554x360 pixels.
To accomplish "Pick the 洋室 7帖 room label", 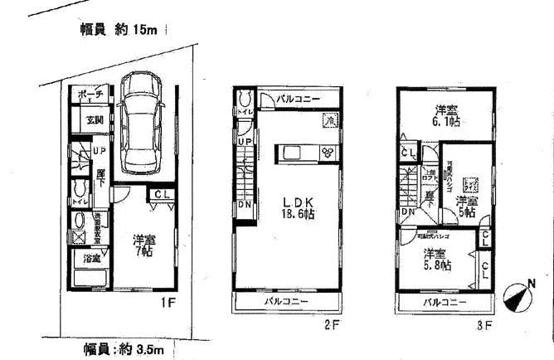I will [143, 246].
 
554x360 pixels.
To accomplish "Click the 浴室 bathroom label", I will [91, 260].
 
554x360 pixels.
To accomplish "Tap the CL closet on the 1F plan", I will [159, 195].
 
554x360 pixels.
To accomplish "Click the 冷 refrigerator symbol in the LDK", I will [329, 120].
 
